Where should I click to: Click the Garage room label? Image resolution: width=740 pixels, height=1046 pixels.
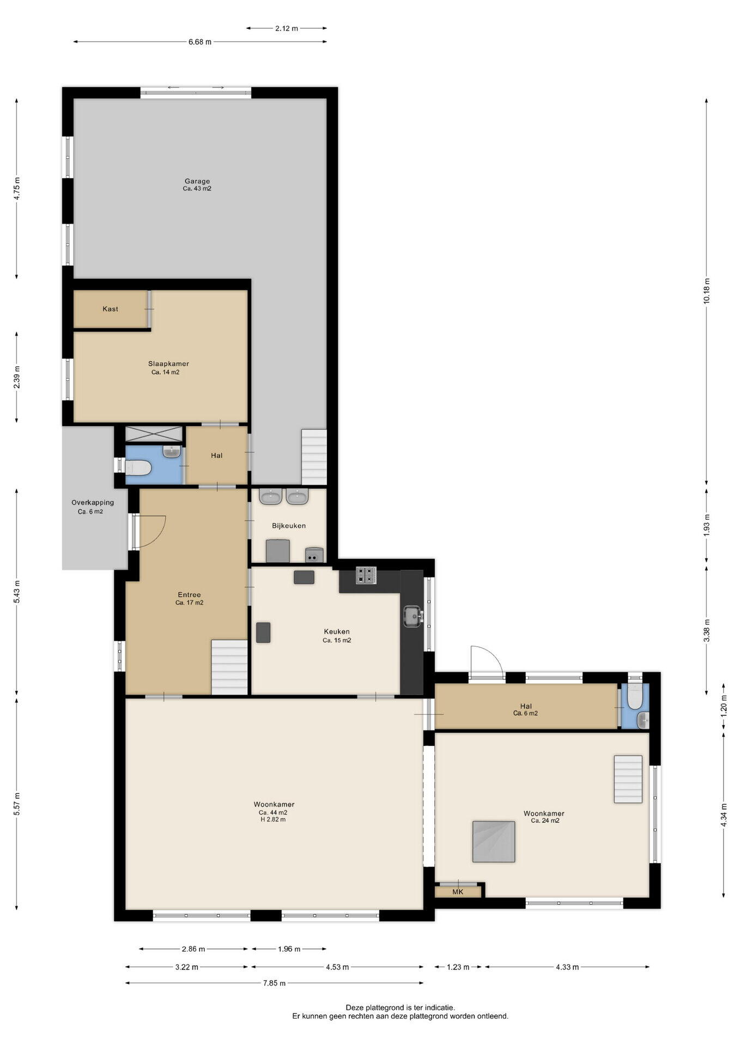197,181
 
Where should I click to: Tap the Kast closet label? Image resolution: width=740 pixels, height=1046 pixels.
110,309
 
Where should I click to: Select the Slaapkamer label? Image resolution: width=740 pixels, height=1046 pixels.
168,364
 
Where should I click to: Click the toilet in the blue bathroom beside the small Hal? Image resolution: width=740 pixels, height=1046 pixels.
138,467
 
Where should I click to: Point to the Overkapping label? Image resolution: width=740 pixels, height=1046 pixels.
93,502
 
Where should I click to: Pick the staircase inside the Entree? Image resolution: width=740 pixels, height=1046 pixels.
229,667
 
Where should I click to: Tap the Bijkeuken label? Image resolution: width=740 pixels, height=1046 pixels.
289,526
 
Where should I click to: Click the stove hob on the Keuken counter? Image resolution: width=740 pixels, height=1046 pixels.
366,575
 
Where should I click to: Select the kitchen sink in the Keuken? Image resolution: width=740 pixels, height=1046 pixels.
413,616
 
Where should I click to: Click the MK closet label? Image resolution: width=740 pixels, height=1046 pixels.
458,892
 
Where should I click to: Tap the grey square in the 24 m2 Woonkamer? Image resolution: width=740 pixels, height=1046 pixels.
494,842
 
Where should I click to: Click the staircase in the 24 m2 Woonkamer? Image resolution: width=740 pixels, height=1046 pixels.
628,779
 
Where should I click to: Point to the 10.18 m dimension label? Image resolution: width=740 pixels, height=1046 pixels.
707,290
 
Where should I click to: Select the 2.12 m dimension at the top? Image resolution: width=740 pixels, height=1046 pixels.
287,28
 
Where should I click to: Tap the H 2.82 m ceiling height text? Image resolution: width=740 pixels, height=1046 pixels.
273,819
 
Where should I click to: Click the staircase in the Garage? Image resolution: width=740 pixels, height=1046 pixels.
314,457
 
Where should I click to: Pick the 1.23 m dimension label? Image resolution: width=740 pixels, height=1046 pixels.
458,967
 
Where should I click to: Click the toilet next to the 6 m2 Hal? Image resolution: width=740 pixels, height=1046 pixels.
635,696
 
